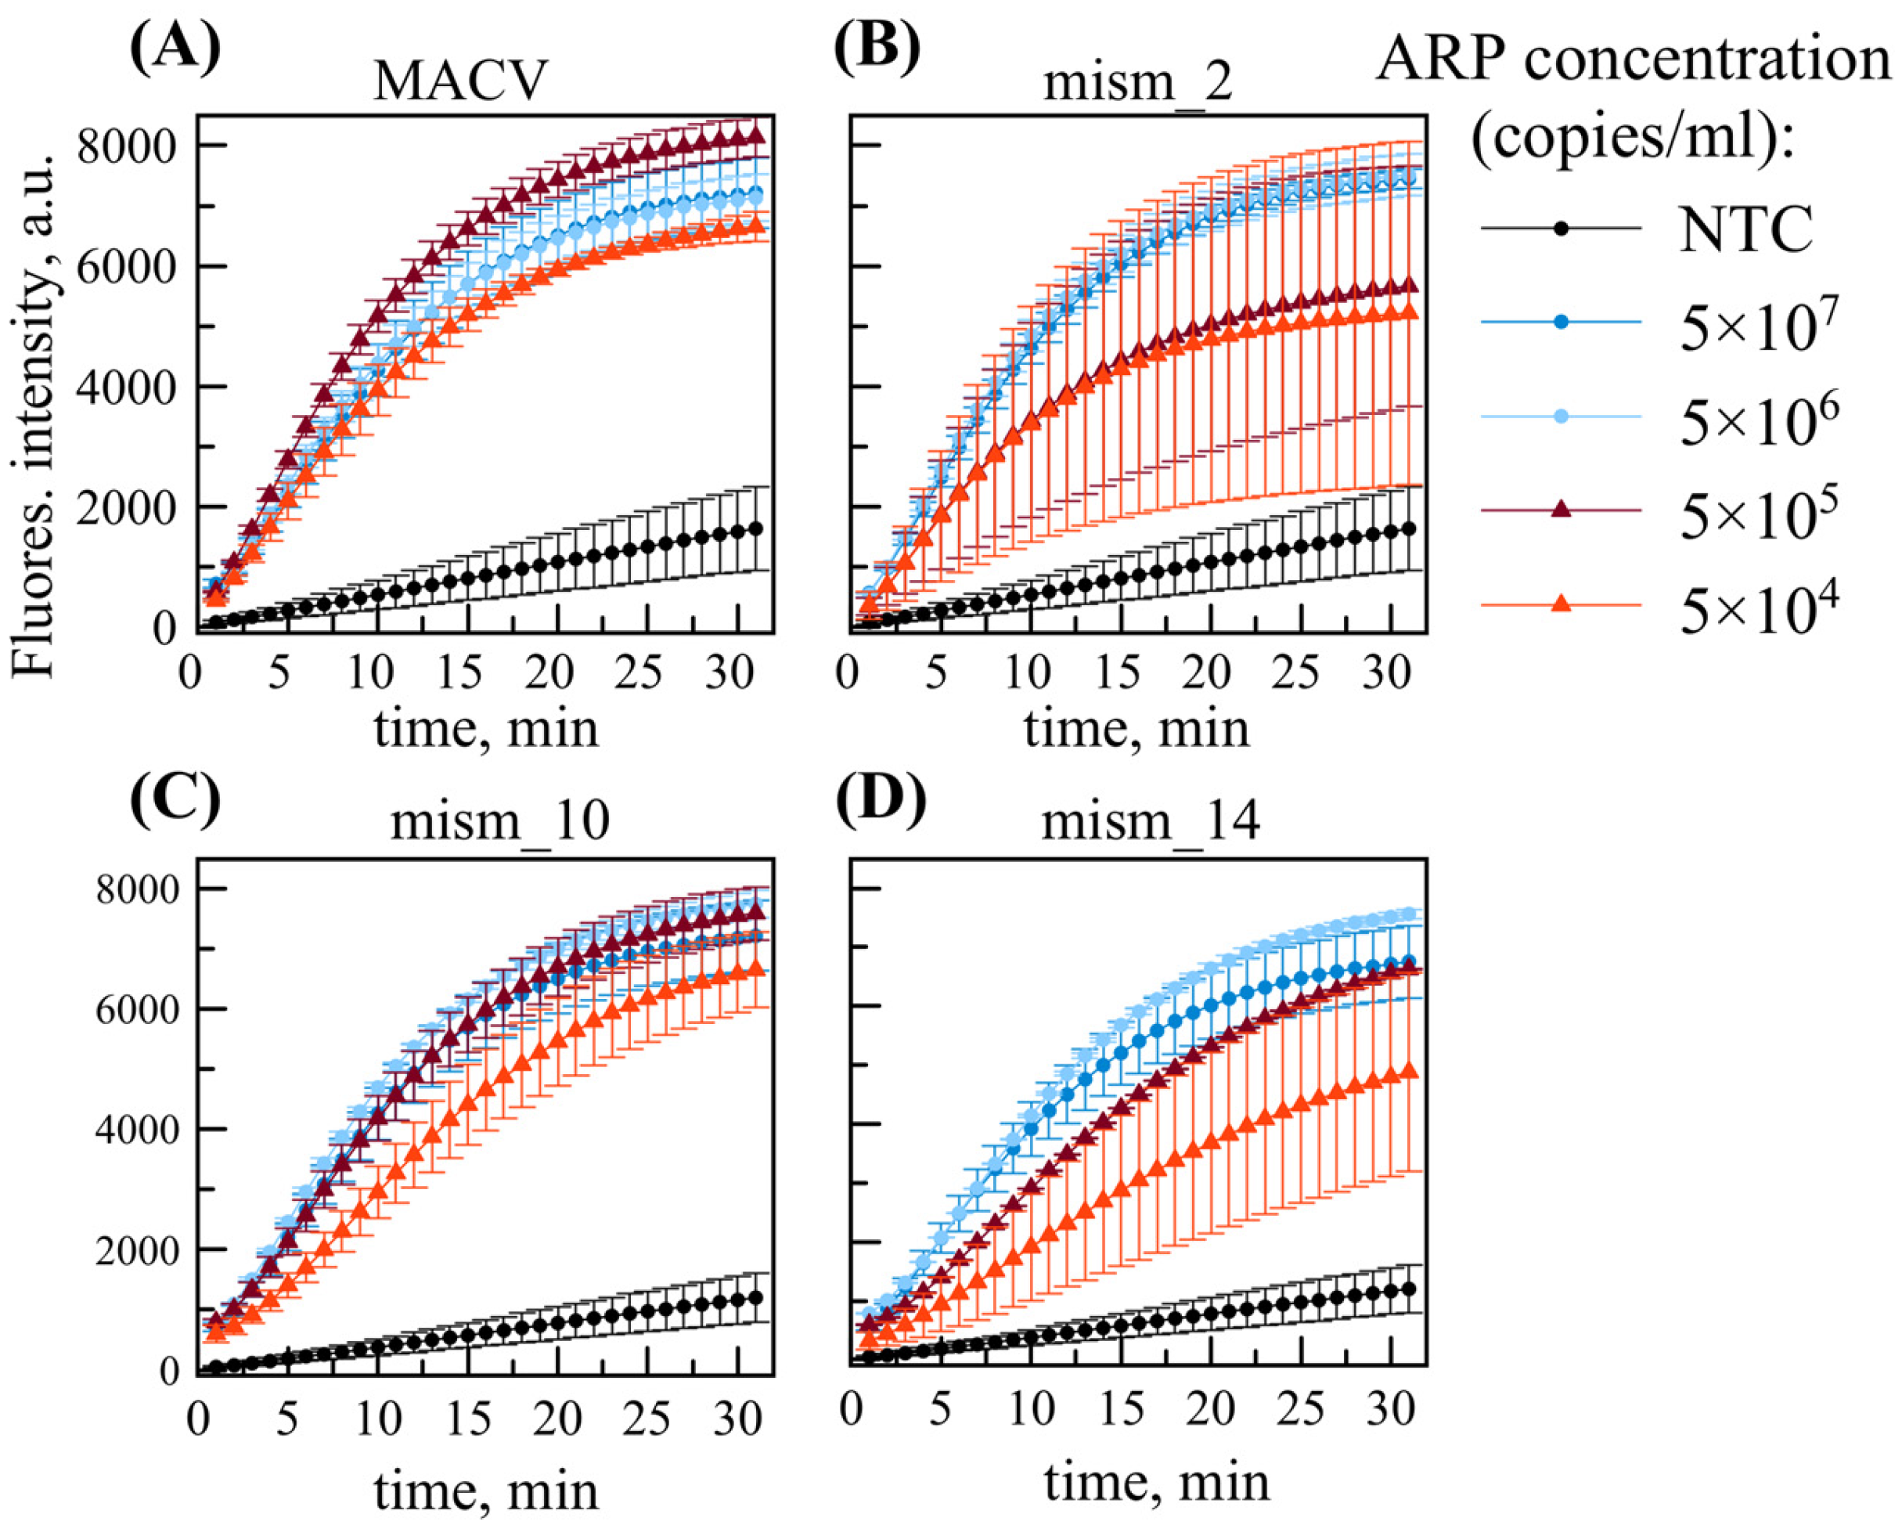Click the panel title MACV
[x=460, y=81]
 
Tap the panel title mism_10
[x=500, y=821]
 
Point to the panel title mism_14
[x=1150, y=821]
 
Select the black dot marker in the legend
[x=1562, y=229]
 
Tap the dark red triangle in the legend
[x=1562, y=509]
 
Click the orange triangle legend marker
[x=1562, y=604]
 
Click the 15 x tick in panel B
[x=1119, y=674]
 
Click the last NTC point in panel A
[x=755, y=528]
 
